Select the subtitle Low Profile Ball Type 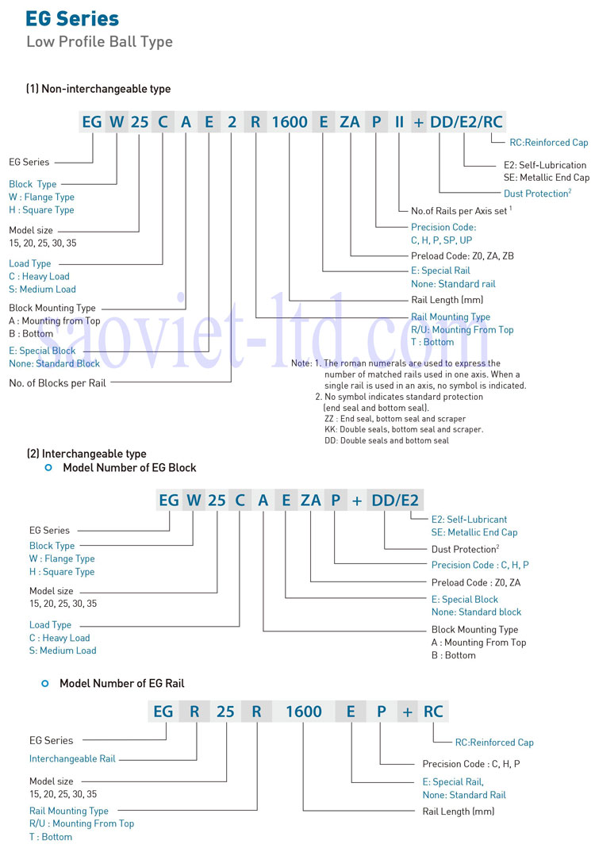(x=99, y=41)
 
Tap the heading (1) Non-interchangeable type (x=98, y=89)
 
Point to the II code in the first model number (x=400, y=122)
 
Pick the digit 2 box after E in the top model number (x=232, y=122)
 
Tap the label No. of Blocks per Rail (x=57, y=382)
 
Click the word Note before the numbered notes (x=301, y=363)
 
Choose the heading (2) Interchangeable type (x=86, y=454)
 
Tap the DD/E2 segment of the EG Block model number (x=395, y=501)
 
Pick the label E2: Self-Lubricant (x=469, y=520)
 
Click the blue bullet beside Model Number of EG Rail (x=45, y=683)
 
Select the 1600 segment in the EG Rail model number (x=304, y=712)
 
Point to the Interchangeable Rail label (x=72, y=758)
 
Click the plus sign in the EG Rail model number (x=408, y=712)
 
